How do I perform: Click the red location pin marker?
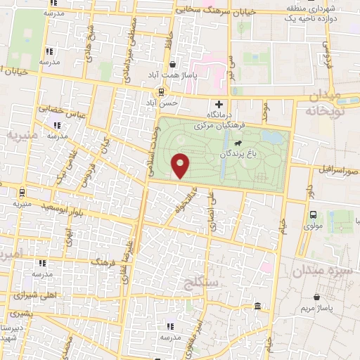click(x=181, y=166)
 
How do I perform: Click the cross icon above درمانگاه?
click(x=219, y=105)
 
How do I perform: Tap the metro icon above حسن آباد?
click(x=162, y=91)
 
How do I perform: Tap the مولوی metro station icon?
click(x=314, y=216)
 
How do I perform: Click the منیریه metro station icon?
click(x=22, y=192)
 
